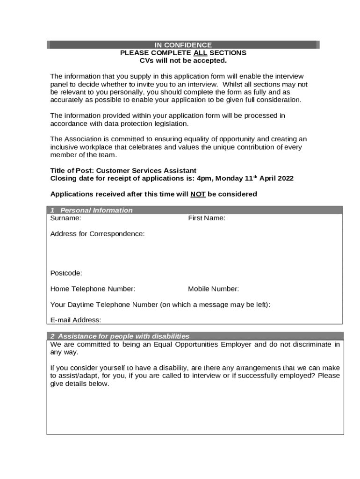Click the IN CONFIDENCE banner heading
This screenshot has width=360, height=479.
(183, 45)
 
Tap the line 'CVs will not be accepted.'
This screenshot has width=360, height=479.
(183, 60)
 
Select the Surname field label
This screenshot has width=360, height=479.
(65, 218)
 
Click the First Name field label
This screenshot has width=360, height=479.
(207, 218)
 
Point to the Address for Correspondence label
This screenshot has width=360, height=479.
(97, 233)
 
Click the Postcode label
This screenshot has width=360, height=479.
(66, 273)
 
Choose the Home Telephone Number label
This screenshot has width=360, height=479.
(93, 289)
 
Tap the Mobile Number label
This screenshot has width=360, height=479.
(213, 289)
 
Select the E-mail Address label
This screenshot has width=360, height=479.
(75, 320)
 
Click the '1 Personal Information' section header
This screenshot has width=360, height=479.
(92, 210)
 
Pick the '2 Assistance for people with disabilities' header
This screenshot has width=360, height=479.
(120, 336)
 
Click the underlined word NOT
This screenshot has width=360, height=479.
(198, 194)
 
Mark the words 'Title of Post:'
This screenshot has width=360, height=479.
(71, 170)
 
